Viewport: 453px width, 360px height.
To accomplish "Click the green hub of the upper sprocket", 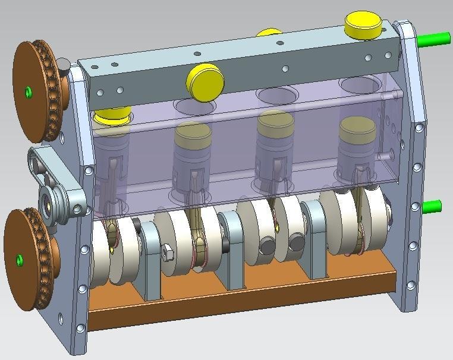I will (27, 91).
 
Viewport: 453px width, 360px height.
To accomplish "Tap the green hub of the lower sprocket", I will (20, 260).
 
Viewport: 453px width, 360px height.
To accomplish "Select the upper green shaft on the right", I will (433, 39).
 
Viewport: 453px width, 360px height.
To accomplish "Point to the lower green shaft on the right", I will (432, 206).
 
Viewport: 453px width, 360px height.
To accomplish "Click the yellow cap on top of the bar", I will (363, 25).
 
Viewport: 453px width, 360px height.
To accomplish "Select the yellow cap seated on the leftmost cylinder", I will (112, 114).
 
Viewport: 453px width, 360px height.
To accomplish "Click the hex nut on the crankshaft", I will (168, 252).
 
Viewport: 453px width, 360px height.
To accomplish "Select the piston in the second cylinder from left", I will (193, 146).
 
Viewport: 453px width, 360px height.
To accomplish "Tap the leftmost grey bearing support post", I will (151, 261).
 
